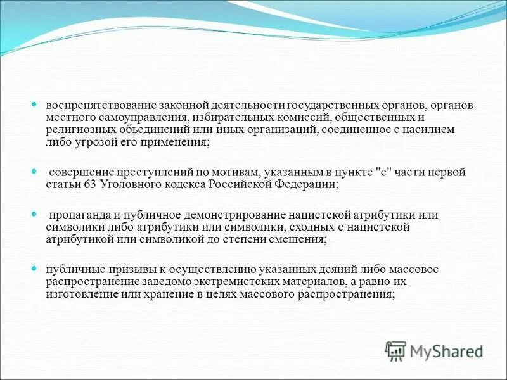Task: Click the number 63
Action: click(89, 185)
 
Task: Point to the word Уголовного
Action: click(128, 185)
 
